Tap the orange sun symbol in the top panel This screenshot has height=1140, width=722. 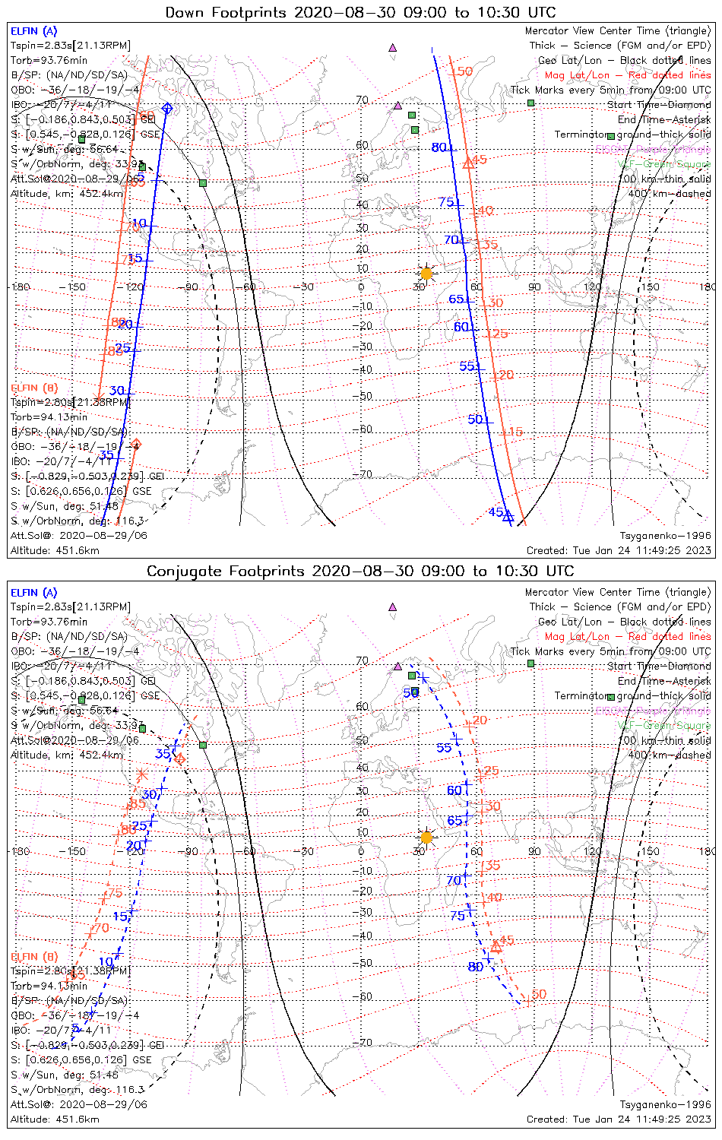(x=426, y=274)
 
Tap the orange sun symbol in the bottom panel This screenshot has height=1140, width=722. (x=426, y=838)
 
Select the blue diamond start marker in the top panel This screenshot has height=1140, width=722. (x=166, y=108)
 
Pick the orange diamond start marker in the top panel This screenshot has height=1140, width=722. (x=136, y=444)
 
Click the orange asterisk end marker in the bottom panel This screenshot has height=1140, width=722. (x=141, y=775)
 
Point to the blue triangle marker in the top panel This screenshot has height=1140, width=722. (x=509, y=518)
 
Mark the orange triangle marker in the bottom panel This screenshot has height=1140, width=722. (x=496, y=946)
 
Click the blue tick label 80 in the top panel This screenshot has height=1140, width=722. (x=439, y=147)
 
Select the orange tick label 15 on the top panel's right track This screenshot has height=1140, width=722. (x=516, y=432)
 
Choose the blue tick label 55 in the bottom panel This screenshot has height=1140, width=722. (x=445, y=748)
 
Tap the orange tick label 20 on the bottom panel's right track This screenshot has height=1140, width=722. (x=480, y=720)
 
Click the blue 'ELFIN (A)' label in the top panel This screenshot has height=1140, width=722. (x=33, y=31)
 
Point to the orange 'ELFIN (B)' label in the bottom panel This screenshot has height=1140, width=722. (x=33, y=956)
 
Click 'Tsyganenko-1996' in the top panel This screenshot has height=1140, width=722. (x=665, y=536)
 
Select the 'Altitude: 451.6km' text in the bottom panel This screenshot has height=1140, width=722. (x=55, y=1119)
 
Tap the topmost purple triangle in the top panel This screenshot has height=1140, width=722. (x=393, y=47)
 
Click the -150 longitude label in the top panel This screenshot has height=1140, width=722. (x=77, y=287)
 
